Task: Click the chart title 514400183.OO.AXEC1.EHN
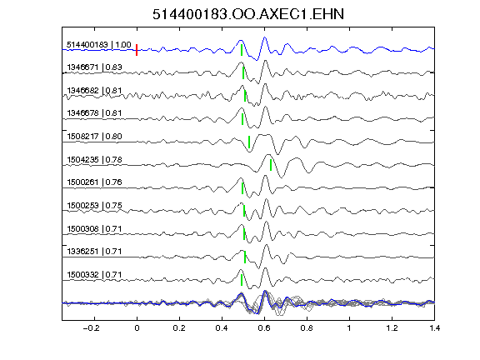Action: [x=248, y=14]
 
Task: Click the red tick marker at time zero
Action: [x=137, y=50]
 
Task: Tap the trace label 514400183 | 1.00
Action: [x=99, y=45]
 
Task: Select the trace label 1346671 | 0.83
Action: [x=94, y=67]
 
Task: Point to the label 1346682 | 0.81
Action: [x=94, y=91]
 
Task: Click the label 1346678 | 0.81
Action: [x=94, y=113]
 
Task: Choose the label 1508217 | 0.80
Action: [x=94, y=136]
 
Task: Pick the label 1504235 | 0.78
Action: [x=94, y=159]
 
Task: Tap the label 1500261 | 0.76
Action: [x=94, y=182]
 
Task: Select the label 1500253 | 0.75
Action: [x=94, y=205]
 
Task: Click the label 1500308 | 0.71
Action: [x=94, y=228]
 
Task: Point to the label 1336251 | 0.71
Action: [x=94, y=252]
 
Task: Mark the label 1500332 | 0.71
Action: [x=94, y=275]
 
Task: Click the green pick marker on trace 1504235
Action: [x=271, y=165]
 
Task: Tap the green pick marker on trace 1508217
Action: [x=249, y=142]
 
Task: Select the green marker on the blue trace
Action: [x=242, y=50]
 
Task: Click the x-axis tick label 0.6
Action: [x=264, y=328]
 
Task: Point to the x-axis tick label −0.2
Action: [x=92, y=328]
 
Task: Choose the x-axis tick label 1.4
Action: [x=434, y=328]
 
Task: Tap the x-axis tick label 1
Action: [x=349, y=328]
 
